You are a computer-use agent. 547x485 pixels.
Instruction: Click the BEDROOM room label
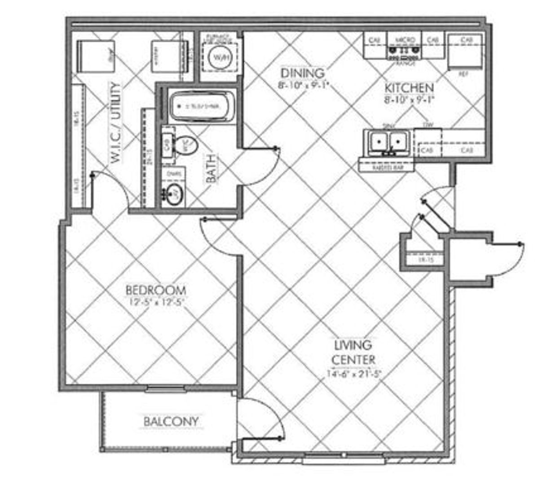point(155,289)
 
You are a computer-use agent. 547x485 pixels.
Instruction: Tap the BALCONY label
point(171,422)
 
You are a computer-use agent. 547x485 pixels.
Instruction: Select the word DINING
point(302,73)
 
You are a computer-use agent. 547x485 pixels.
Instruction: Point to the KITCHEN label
point(409,88)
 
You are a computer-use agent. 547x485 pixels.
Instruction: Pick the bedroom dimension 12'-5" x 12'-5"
point(155,302)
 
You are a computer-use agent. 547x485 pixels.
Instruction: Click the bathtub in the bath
point(203,106)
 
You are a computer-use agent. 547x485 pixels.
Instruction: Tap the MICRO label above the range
point(404,40)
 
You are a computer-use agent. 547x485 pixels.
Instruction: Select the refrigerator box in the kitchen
point(465,57)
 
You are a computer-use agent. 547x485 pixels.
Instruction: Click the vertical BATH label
point(211,168)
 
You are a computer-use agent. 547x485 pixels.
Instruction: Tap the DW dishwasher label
point(428,126)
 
